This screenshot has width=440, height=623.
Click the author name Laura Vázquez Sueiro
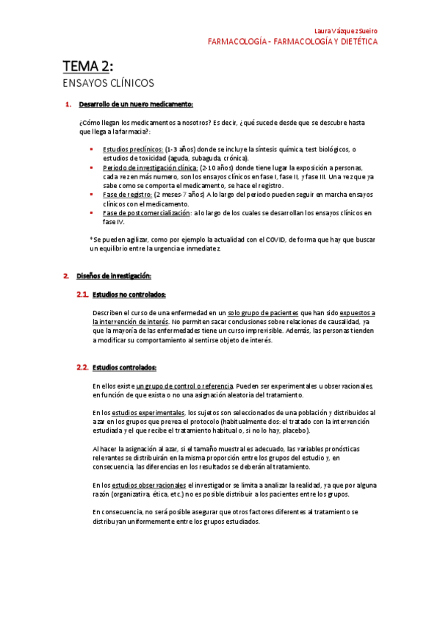(x=345, y=31)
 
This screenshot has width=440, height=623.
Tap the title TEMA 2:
(x=87, y=68)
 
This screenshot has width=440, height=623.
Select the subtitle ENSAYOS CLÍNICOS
(x=108, y=83)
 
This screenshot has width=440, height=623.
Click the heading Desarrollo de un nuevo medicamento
(x=136, y=104)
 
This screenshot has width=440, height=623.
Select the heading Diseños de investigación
(x=114, y=276)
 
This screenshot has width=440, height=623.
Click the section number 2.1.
(x=82, y=295)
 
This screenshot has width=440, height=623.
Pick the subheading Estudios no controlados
(x=129, y=295)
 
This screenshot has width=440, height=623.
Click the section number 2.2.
(x=82, y=367)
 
